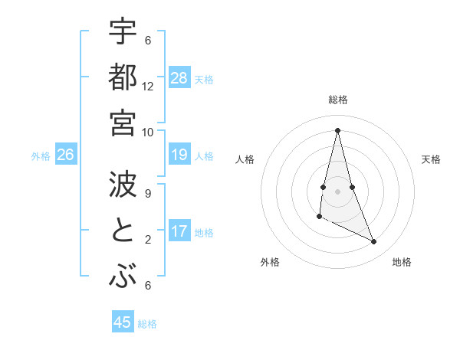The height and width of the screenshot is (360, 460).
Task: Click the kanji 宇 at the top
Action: click(122, 31)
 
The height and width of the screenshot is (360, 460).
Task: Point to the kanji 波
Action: click(122, 185)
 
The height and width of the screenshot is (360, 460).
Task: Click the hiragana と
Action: click(122, 231)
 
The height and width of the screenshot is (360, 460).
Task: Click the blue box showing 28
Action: click(179, 77)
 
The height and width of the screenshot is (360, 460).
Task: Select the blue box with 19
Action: click(179, 155)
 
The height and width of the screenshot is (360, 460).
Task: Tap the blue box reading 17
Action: click(179, 231)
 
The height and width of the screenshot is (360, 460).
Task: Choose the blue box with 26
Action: click(65, 155)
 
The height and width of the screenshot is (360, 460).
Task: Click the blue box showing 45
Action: click(123, 322)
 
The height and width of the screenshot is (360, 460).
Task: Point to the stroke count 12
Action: click(148, 87)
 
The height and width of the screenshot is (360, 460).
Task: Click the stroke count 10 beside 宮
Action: click(148, 132)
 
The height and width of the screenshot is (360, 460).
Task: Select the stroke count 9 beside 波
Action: click(148, 194)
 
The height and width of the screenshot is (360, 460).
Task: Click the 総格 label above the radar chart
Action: click(338, 100)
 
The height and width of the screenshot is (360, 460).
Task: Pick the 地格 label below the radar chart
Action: click(402, 262)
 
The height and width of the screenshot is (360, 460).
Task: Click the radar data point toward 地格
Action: click(374, 242)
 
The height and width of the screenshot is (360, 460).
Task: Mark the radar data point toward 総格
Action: click(337, 130)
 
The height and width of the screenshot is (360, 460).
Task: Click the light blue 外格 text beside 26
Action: click(41, 156)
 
